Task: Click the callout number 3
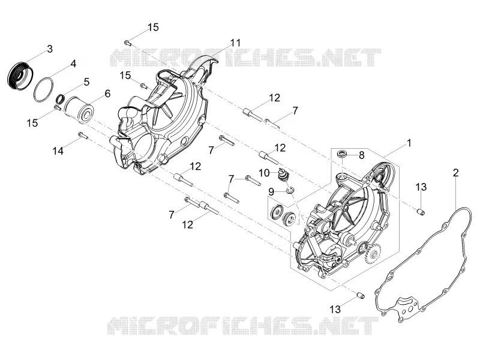pos(50,49)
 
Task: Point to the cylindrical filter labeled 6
pos(78,109)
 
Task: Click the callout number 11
pos(235,43)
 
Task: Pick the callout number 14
pos(58,151)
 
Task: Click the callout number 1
pos(409,143)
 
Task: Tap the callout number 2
pos(456,173)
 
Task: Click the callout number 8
pos(362,155)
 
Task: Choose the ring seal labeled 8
pos(341,154)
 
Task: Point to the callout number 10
pos(264,173)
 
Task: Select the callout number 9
pos(271,192)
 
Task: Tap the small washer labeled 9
pos(290,191)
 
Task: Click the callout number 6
pos(107,94)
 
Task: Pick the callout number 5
pos(86,82)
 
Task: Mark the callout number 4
pos(73,64)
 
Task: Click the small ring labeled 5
pos(61,98)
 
